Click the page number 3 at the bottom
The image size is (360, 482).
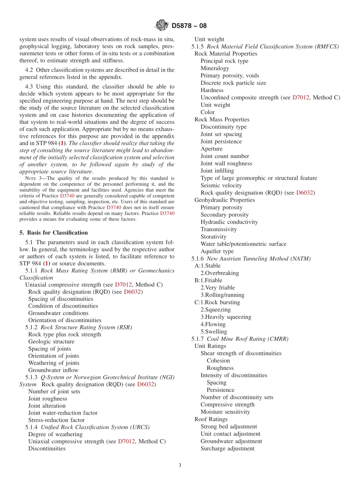point(180,465)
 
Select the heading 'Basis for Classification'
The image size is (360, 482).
point(57,233)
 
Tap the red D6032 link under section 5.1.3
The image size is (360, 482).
point(146,384)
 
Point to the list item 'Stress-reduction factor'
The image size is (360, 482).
point(56,420)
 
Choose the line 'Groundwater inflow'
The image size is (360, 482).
point(53,370)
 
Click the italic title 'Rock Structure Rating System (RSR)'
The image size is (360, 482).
point(86,327)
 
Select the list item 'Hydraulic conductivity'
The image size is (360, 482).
point(229,222)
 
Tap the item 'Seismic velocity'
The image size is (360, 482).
point(221,185)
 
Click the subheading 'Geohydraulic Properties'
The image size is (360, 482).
point(224,200)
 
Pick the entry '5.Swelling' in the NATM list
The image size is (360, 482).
point(214,332)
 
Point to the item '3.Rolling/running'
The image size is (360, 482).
point(222,295)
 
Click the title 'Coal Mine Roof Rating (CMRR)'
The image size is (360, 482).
point(247,339)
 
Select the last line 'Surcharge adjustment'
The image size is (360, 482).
point(227,449)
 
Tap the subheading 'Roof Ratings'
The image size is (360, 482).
point(211,419)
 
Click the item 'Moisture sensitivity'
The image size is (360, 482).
point(225,412)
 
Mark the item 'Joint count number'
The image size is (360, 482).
point(225,156)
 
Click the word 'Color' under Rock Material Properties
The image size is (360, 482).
point(207,112)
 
